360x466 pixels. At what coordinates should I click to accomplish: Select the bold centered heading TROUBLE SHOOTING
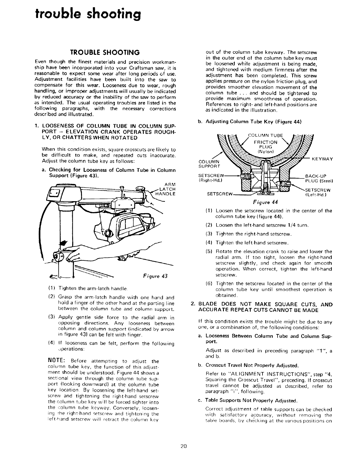pyautogui.click(x=105, y=53)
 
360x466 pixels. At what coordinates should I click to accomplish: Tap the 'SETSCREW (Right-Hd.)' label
pyautogui.click(x=212, y=179)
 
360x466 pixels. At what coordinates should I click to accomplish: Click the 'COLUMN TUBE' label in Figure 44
pyautogui.click(x=265, y=136)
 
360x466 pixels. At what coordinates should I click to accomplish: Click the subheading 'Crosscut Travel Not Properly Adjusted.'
pyautogui.click(x=252, y=366)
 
